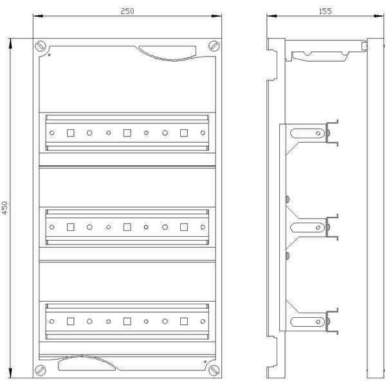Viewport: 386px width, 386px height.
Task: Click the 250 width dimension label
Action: pyautogui.click(x=127, y=12)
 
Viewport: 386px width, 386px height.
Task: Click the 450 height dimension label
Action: pyautogui.click(x=5, y=208)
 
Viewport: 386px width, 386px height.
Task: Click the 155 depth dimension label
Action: pyautogui.click(x=325, y=12)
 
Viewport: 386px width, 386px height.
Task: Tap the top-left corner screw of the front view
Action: pyautogui.click(x=41, y=46)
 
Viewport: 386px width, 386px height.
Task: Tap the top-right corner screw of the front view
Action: pyautogui.click(x=214, y=46)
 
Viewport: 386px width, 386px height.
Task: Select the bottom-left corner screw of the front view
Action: pyautogui.click(x=41, y=371)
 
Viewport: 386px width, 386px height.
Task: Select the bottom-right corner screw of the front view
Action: pyautogui.click(x=214, y=371)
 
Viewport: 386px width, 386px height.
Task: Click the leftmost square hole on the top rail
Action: pyautogui.click(x=71, y=133)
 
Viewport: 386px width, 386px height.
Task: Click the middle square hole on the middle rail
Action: pyautogui.click(x=127, y=227)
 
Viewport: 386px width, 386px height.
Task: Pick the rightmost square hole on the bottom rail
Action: pyautogui.click(x=184, y=321)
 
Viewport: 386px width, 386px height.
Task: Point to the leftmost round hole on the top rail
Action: pyautogui.click(x=51, y=133)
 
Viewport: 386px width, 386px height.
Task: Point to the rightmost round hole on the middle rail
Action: pyautogui.click(x=203, y=227)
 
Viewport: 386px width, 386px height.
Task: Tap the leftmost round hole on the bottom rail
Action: pyautogui.click(x=51, y=321)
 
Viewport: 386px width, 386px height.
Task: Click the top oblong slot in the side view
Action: pyautogui.click(x=308, y=133)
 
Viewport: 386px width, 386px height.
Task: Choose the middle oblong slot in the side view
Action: pyautogui.click(x=308, y=227)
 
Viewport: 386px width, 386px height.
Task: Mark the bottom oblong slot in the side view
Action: pyautogui.click(x=308, y=322)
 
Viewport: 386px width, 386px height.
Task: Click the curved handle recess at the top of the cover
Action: pyautogui.click(x=172, y=53)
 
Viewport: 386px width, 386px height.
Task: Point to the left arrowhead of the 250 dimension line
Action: pyautogui.click(x=38, y=16)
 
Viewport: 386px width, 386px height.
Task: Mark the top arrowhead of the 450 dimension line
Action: pyautogui.click(x=10, y=43)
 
